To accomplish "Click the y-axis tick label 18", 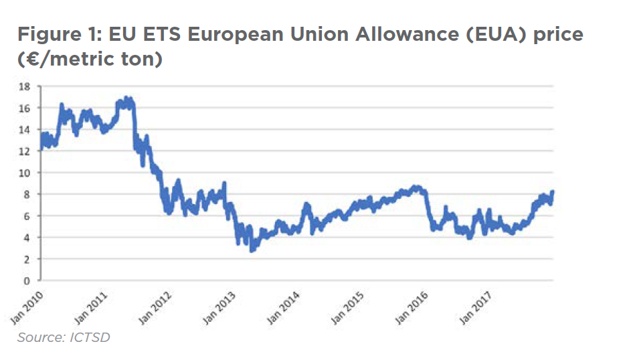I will point(26,86).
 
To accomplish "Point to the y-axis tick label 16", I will point(26,108).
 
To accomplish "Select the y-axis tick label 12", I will point(26,151).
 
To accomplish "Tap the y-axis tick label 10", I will point(26,173).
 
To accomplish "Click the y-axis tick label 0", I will point(29,280).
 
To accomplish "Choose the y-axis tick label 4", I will point(29,238).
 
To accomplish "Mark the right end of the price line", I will point(553,193).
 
